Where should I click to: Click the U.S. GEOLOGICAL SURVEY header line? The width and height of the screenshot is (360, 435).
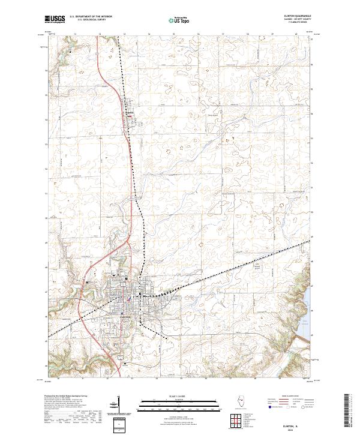(91, 20)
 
